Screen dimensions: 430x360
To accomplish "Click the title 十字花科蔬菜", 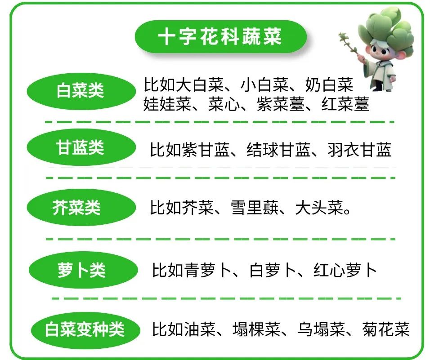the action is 220,36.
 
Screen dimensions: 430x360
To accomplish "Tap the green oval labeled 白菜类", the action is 81,91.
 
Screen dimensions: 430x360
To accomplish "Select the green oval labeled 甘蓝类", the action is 81,147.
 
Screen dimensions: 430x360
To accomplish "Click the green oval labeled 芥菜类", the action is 81,207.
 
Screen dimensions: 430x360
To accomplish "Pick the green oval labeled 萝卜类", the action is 83,270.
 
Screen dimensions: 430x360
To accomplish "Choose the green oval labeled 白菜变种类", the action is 85,329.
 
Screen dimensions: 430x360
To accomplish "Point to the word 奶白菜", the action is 329,84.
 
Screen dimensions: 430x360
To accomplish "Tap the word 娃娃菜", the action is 167,104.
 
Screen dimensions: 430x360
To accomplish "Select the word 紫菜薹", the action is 281,104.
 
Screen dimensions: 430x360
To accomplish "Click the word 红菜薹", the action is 345,104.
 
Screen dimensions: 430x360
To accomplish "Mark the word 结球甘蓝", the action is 278,150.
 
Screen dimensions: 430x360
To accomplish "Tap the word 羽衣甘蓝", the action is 359,150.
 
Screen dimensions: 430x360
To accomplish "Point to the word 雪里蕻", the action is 255,208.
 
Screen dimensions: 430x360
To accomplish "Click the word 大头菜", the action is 319,208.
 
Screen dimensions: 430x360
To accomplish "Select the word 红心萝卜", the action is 345,270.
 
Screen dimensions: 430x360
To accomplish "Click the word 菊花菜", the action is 386,329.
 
